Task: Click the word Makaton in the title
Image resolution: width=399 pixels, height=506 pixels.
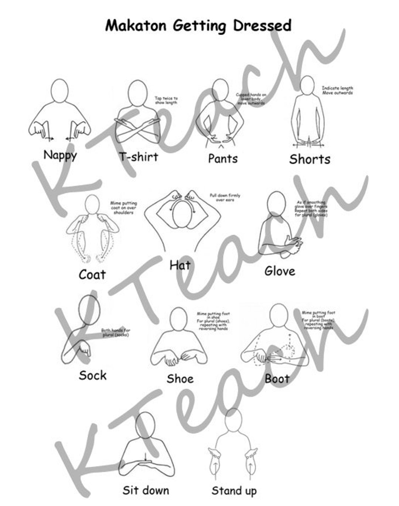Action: pos(137,26)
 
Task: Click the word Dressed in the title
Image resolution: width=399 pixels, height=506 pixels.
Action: pos(262,26)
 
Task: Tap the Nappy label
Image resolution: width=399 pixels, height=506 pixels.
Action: pos(60,155)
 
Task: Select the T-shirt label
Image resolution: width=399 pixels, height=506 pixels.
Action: pos(139,157)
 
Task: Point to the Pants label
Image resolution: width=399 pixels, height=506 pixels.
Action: pos(223,159)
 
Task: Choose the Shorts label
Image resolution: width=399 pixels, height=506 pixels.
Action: pos(310,159)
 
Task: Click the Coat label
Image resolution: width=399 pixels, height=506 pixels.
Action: pos(92,274)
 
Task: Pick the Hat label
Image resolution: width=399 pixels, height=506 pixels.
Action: pos(180,265)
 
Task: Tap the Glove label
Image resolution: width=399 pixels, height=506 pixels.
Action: pos(280,271)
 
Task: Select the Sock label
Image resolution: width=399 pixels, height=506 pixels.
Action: pos(92,375)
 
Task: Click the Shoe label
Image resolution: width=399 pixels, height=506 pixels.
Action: pos(180,379)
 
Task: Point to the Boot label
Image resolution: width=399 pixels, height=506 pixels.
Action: pos(277,379)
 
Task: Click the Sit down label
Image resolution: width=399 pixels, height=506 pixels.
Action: pos(146,490)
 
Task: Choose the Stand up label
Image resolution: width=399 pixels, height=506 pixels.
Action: pos(234,491)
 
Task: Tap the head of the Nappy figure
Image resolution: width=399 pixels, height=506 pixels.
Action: pos(59,90)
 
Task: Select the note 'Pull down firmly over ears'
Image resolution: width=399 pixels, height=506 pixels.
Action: pos(225,197)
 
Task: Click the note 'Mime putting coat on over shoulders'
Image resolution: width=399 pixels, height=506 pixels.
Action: pos(123,208)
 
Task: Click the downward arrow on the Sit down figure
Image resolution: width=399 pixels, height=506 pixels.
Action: pos(146,457)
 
